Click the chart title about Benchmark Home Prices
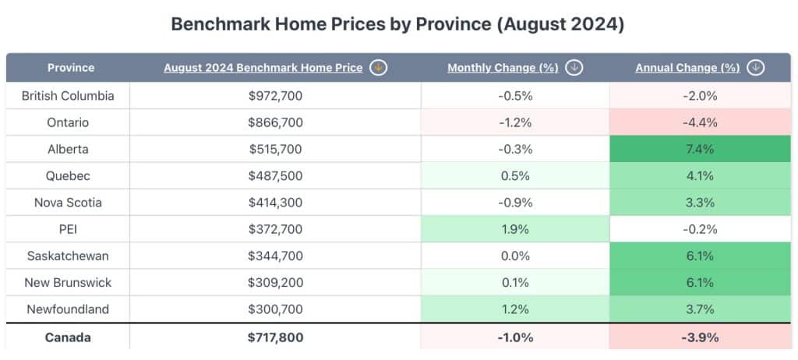pos(397,24)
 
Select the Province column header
pos(70,68)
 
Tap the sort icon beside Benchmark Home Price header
pos(378,68)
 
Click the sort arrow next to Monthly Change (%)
pos(574,68)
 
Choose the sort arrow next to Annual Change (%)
pos(754,68)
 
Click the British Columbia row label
pos(68,96)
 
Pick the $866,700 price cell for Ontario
pos(275,122)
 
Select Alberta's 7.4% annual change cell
pos(699,149)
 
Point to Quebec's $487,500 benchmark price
pos(275,175)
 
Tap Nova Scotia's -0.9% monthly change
pos(515,203)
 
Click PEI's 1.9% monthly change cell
pos(515,229)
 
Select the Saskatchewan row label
pos(68,256)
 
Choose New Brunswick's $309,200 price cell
pos(275,282)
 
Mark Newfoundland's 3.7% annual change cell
pos(699,309)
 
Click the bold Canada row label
pos(68,337)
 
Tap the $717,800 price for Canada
pos(275,337)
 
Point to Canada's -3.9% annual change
pos(699,337)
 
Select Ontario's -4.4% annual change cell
pos(699,122)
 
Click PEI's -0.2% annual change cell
pos(699,229)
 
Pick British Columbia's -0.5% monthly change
pos(515,96)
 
